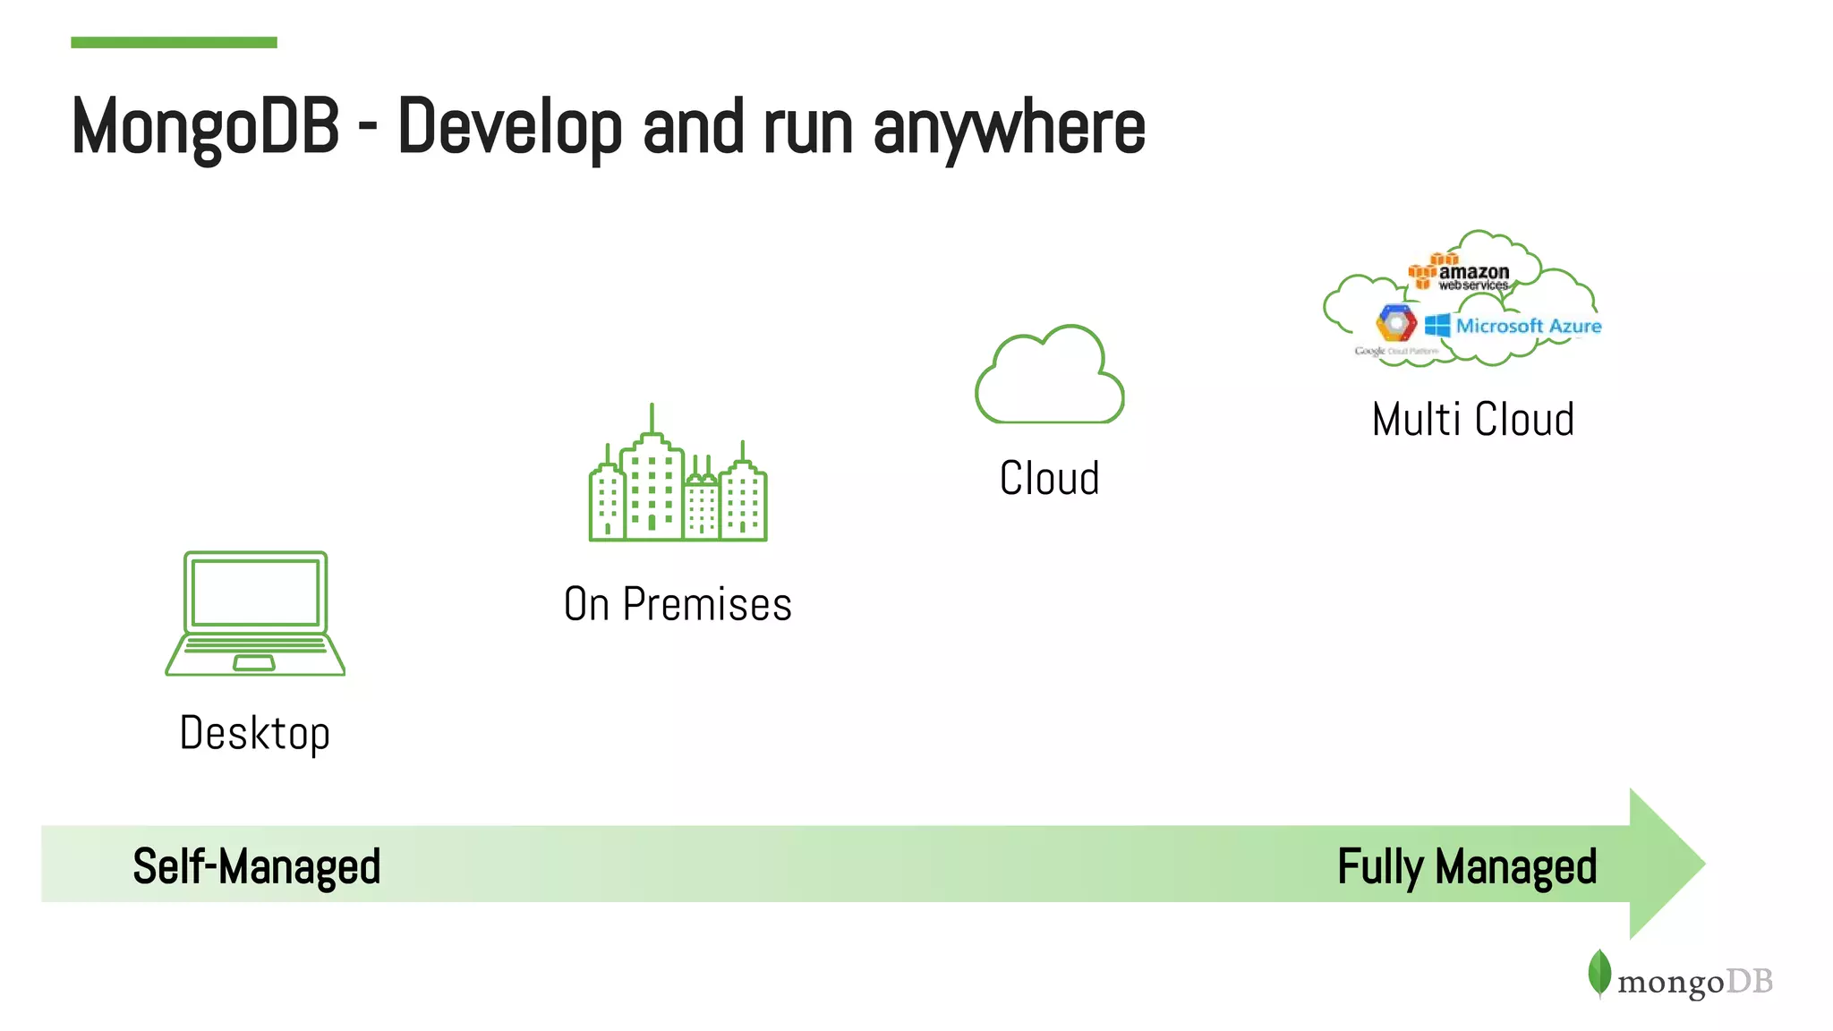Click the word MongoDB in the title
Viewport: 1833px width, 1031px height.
[205, 128]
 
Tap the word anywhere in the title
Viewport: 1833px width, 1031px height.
[1009, 128]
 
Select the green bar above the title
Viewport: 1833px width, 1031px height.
[174, 42]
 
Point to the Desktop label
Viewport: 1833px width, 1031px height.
[255, 734]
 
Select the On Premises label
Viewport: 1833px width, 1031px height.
[678, 604]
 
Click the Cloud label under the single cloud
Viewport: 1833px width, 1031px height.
[1049, 478]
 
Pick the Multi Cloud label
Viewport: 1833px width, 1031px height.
[1472, 419]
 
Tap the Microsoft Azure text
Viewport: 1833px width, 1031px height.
[1528, 326]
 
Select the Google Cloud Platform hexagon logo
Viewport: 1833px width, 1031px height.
[1396, 323]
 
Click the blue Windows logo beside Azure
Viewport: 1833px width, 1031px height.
[1437, 325]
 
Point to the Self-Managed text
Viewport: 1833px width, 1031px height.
[257, 866]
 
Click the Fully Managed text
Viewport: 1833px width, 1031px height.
[1467, 866]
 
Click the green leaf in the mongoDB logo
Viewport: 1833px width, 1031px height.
[1599, 973]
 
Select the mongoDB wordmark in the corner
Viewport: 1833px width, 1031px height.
[1694, 982]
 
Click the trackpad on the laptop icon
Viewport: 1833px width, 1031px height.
[254, 662]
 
